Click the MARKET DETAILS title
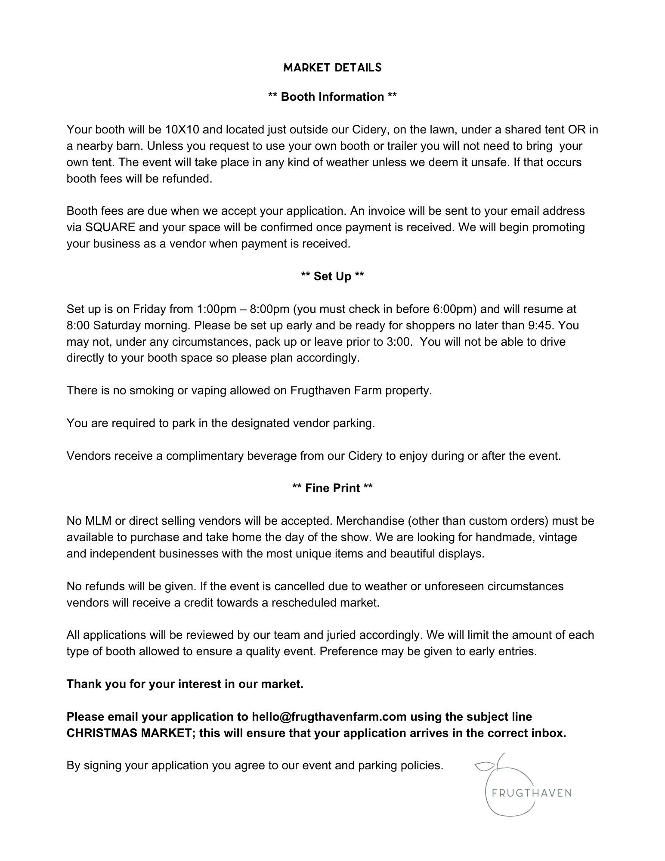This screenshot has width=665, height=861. point(332,68)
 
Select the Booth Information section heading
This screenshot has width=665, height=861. point(332,97)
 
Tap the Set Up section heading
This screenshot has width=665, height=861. point(332,276)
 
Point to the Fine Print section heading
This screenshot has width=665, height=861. point(332,488)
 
